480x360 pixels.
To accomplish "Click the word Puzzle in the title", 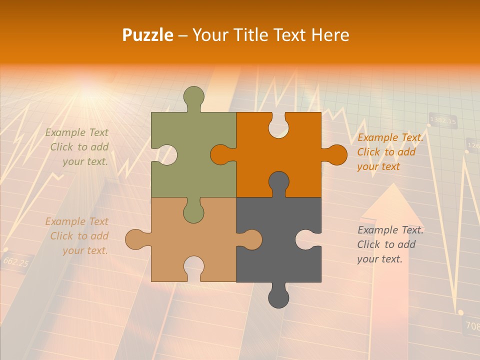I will (x=148, y=35).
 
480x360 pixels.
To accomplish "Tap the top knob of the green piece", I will (x=194, y=97).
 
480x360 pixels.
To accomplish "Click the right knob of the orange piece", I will (x=335, y=155).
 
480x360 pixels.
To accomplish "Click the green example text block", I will (x=77, y=147).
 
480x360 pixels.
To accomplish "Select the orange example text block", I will (x=390, y=152).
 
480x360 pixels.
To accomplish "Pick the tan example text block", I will (x=77, y=236).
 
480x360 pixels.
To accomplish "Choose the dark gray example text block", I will (x=390, y=244).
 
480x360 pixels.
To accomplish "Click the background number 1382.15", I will (x=443, y=121).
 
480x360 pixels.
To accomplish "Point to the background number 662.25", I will (x=15, y=261).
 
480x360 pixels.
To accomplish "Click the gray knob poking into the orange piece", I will (x=278, y=182).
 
